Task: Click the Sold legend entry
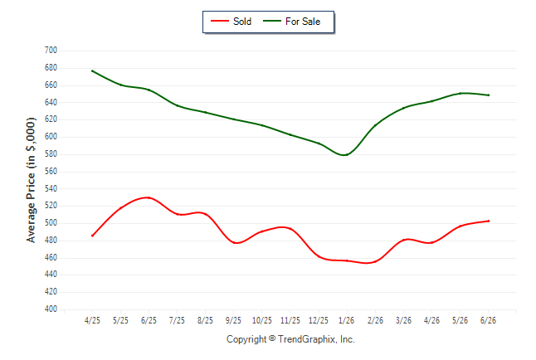pos(231,22)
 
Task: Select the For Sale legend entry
pos(291,22)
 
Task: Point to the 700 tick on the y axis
pos(51,51)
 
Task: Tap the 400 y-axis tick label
pos(51,309)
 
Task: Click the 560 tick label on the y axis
pos(51,171)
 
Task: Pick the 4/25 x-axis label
pos(92,320)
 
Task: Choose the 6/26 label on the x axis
pos(488,320)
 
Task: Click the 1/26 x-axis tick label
pos(347,320)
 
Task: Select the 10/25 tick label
pos(262,320)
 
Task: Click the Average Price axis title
pos(31,180)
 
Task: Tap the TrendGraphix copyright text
pos(290,339)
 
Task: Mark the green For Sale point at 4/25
pos(92,71)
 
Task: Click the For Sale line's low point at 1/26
pos(347,155)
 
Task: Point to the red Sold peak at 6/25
pos(149,197)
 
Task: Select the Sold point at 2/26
pos(375,261)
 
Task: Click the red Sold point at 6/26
pos(488,221)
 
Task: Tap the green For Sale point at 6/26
pos(488,95)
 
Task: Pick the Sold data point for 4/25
pos(92,236)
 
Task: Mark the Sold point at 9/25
pos(234,243)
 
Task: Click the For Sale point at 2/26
pos(375,125)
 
